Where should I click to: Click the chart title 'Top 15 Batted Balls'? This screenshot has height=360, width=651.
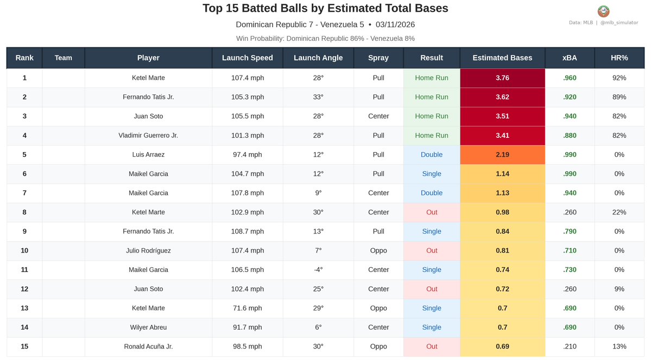click(325, 8)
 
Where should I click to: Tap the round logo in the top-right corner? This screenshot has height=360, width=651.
click(603, 11)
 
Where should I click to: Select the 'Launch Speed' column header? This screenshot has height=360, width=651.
click(247, 58)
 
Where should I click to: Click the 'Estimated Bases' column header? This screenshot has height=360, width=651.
click(502, 58)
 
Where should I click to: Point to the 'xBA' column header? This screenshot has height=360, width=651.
click(570, 58)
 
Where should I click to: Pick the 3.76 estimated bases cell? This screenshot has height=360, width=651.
click(502, 78)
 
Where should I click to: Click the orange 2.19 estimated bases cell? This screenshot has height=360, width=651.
click(502, 155)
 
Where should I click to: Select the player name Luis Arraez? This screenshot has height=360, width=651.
click(148, 155)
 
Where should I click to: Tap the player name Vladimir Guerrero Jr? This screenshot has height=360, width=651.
click(148, 135)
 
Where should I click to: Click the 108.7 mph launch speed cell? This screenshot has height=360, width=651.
click(247, 231)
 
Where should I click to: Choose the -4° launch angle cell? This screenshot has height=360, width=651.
click(318, 270)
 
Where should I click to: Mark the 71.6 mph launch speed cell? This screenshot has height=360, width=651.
click(247, 308)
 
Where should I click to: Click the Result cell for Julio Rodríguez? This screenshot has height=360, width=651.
click(432, 250)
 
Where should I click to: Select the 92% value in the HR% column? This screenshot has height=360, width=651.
click(618, 78)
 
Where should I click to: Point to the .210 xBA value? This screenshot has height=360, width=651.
click(570, 346)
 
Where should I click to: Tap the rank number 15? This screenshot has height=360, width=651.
click(24, 346)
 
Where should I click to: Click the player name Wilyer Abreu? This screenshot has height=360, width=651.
click(148, 327)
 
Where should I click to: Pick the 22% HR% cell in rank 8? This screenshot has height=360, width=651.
click(618, 212)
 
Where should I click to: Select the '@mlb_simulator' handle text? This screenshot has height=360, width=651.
click(619, 23)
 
